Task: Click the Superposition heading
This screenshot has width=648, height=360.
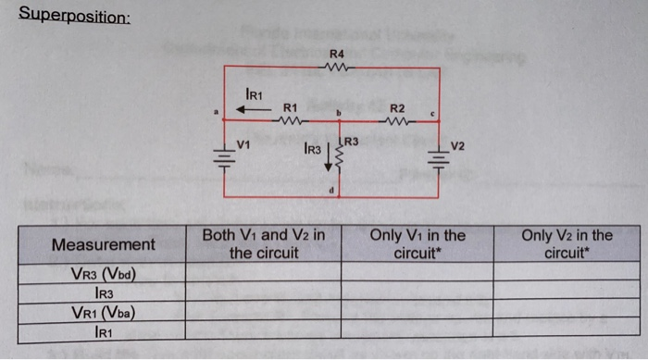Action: click(x=75, y=16)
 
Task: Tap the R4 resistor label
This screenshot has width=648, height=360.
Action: click(x=336, y=56)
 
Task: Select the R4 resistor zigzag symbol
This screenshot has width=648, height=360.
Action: click(x=336, y=68)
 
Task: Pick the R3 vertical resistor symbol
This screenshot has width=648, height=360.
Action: click(x=340, y=160)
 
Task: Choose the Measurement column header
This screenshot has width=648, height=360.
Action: click(x=104, y=244)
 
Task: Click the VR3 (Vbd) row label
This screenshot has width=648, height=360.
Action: click(x=104, y=273)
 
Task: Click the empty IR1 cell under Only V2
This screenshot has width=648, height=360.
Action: click(x=567, y=329)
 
